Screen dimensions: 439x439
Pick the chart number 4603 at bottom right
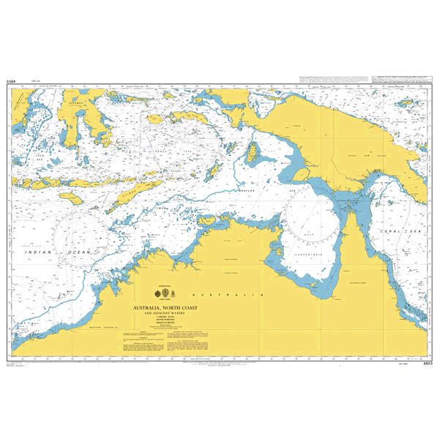[427, 364]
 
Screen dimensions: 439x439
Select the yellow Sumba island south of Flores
[73, 198]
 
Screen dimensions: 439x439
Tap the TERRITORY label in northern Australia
[231, 268]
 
